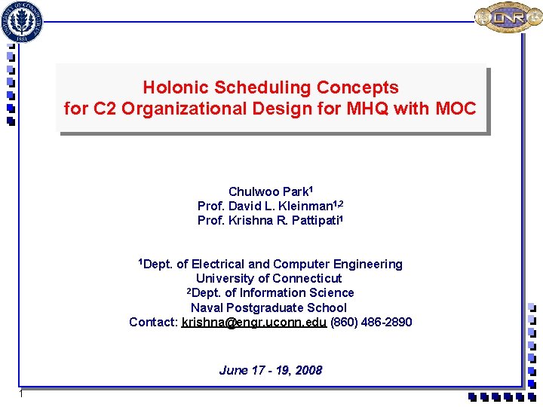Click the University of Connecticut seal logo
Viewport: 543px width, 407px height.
click(x=23, y=20)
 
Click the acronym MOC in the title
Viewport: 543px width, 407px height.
click(x=456, y=109)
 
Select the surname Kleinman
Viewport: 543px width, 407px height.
click(x=305, y=207)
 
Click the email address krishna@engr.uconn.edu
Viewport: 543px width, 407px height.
click(x=254, y=323)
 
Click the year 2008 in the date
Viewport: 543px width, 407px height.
click(x=308, y=370)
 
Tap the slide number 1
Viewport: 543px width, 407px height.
click(x=23, y=395)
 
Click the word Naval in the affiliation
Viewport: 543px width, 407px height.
click(x=207, y=308)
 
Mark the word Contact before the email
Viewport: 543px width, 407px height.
click(x=153, y=323)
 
